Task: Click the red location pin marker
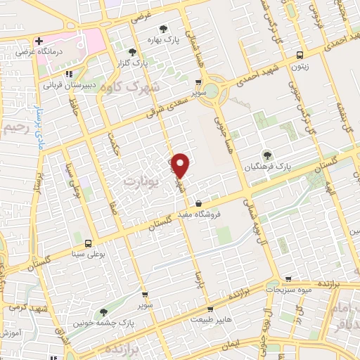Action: click(x=181, y=165)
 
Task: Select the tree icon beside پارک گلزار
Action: click(x=132, y=51)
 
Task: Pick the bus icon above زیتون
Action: click(x=300, y=54)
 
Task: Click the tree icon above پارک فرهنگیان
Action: click(x=266, y=155)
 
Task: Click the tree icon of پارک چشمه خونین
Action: click(x=103, y=312)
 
